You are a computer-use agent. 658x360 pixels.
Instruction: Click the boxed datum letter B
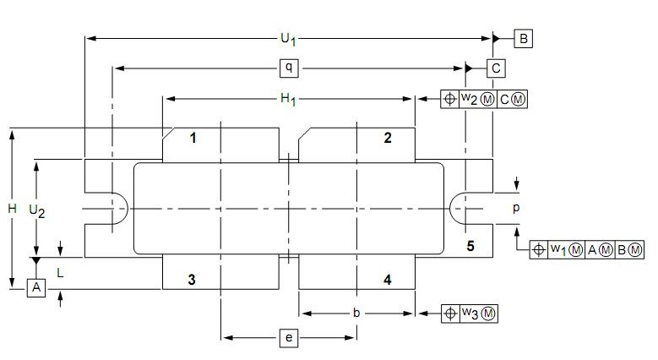pyautogui.click(x=524, y=38)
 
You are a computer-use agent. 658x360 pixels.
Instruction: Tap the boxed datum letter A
pyautogui.click(x=35, y=288)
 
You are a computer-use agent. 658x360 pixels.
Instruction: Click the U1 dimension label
pyautogui.click(x=288, y=38)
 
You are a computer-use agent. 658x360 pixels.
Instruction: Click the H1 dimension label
pyautogui.click(x=288, y=100)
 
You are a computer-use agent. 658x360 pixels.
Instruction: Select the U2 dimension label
pyautogui.click(x=36, y=210)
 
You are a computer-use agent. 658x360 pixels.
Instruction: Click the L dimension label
pyautogui.click(x=60, y=273)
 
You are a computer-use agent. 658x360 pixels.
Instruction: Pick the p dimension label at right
pyautogui.click(x=516, y=206)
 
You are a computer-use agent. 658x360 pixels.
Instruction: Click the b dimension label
pyautogui.click(x=356, y=313)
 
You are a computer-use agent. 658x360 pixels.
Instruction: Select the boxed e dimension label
pyautogui.click(x=288, y=339)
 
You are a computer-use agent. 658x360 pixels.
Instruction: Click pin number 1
pyautogui.click(x=193, y=138)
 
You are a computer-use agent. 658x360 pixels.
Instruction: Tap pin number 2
pyautogui.click(x=388, y=138)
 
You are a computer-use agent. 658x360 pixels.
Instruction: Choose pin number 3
pyautogui.click(x=193, y=279)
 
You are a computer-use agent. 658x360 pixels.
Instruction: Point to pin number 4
pyautogui.click(x=388, y=279)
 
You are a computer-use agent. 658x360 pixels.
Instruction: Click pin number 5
pyautogui.click(x=471, y=246)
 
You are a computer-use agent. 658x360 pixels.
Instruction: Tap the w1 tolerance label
pyautogui.click(x=557, y=250)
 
